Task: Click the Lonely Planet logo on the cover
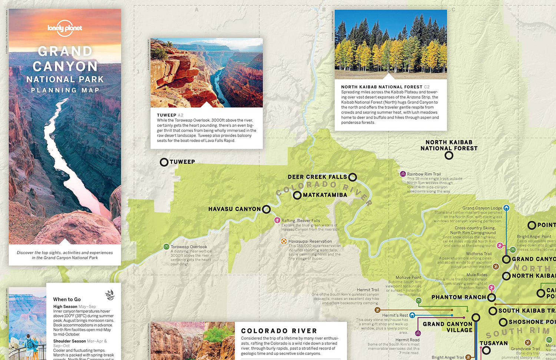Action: [x=65, y=29]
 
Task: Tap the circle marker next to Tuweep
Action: [x=164, y=162]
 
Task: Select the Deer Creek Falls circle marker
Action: [x=353, y=177]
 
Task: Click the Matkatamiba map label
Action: [x=325, y=195]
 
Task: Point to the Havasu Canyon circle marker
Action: [x=266, y=209]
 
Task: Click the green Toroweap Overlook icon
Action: [x=166, y=247]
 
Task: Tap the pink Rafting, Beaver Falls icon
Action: [x=277, y=220]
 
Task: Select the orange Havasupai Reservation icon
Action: [x=284, y=241]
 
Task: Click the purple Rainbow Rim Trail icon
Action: [x=403, y=174]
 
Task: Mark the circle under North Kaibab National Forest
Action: [x=449, y=156]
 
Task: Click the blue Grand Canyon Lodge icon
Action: [x=506, y=208]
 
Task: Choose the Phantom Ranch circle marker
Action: [x=492, y=297]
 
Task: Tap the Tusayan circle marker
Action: [x=486, y=350]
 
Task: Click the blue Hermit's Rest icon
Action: [x=412, y=315]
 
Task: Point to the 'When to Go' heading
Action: [x=67, y=299]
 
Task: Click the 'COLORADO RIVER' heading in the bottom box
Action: [x=279, y=331]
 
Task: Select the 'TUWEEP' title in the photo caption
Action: [x=166, y=115]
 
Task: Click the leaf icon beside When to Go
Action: [x=110, y=295]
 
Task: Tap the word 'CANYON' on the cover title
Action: [x=65, y=66]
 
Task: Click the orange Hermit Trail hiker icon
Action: [x=377, y=310]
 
